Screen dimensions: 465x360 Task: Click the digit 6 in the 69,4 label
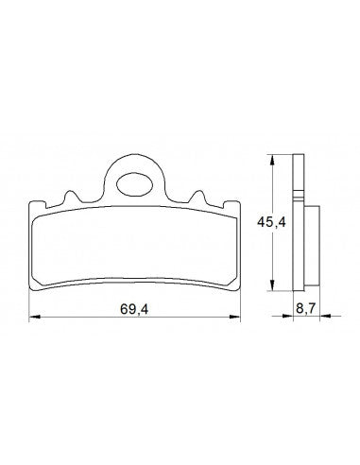click(123, 307)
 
